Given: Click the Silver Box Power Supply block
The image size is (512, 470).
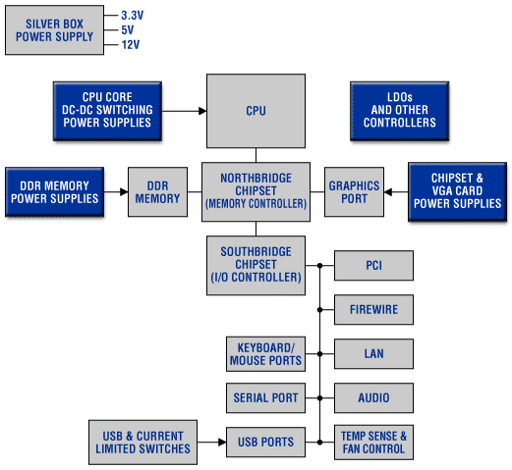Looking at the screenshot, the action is tap(54, 29).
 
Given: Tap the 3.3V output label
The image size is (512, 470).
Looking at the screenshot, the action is tap(133, 15).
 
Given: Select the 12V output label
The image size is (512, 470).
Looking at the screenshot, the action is tap(131, 44).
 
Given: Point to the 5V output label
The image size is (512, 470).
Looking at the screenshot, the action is tap(128, 29).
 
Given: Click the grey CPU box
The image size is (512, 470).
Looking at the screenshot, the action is tap(256, 111).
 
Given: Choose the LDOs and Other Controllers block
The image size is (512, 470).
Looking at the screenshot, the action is tap(400, 111).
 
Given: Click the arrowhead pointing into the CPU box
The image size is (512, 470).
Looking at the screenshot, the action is tap(202, 111).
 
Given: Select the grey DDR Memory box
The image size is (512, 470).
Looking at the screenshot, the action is tap(157, 192).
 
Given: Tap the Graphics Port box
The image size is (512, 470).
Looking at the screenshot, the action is tap(354, 192).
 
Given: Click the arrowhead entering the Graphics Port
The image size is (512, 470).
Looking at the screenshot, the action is tap(388, 192).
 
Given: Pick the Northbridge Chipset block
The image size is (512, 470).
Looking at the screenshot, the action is tap(256, 192).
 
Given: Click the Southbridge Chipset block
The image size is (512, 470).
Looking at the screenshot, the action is tap(256, 265).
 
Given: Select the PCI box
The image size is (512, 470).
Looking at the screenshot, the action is tap(373, 265).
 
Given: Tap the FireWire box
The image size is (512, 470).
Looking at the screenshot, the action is tap(373, 309).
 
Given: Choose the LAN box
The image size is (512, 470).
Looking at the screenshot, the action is tap(373, 353).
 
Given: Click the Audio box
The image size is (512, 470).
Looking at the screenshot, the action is tap(373, 397).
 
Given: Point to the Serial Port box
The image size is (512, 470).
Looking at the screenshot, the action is tap(265, 397).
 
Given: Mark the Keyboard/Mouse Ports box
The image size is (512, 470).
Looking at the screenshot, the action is tap(265, 354).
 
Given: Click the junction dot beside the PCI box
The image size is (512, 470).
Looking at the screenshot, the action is tap(319, 266).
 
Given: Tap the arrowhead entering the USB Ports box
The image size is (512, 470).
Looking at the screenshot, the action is tap(222, 443).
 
